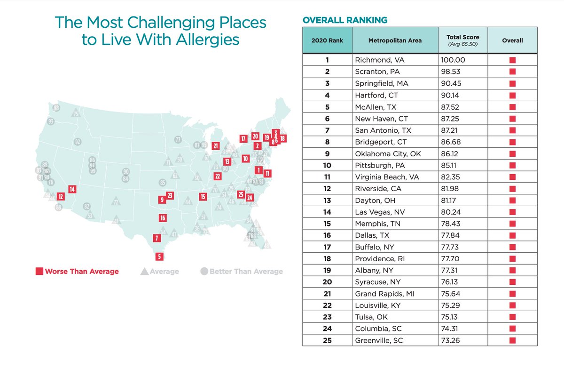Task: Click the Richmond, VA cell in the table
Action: point(375,60)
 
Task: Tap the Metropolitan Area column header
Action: point(394,40)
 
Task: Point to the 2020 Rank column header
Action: point(327,40)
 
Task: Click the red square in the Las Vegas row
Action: point(512,212)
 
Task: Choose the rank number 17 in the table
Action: point(327,247)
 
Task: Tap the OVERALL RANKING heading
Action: point(345,20)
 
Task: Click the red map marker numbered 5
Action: point(160,257)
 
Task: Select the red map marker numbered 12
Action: point(61,197)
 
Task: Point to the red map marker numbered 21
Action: point(216,146)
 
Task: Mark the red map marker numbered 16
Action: point(163,218)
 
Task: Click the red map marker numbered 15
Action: point(203,197)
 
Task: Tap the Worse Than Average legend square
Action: point(40,271)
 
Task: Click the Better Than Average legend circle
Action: point(204,271)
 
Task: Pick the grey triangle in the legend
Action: point(144,271)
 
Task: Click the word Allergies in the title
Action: point(207,39)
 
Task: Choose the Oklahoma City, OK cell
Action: point(384,153)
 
